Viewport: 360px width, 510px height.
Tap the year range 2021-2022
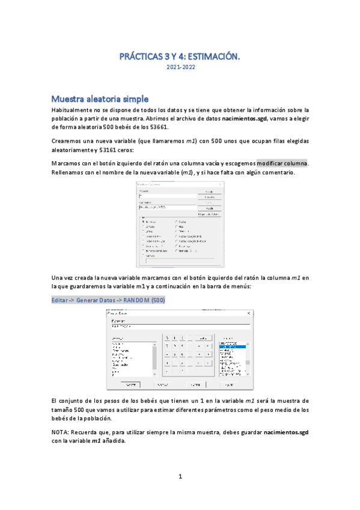[180, 68]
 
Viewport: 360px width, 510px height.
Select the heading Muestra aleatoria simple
[100, 99]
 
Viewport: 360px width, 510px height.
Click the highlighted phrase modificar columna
[282, 164]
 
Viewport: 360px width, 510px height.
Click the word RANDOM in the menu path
[136, 300]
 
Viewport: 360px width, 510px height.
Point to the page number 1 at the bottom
[180, 476]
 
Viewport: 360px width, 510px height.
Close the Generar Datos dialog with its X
[249, 313]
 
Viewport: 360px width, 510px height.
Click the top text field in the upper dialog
[167, 195]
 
